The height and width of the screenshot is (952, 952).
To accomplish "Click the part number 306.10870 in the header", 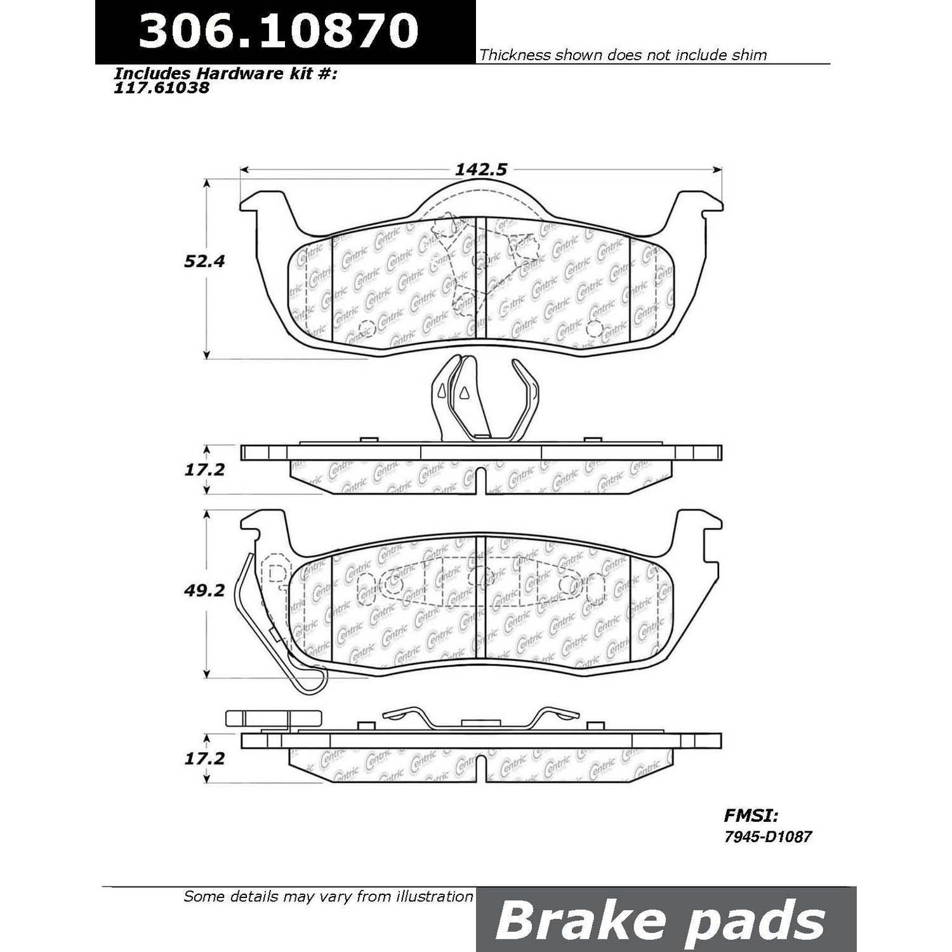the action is [279, 30].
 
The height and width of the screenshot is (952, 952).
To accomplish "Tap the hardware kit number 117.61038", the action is [161, 88].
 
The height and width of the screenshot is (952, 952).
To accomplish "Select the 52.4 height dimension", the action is [205, 261].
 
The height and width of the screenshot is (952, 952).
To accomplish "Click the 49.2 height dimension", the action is [205, 590].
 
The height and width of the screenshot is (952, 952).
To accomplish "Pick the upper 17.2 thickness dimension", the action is [205, 470].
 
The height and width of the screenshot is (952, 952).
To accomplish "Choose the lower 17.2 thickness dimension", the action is [205, 758].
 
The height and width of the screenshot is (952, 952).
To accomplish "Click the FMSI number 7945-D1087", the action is [768, 836].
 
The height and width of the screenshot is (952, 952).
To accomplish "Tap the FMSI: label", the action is [751, 815].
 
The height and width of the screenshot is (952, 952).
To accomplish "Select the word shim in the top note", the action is [750, 55].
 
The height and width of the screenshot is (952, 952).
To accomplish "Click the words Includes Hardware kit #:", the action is [225, 74].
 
